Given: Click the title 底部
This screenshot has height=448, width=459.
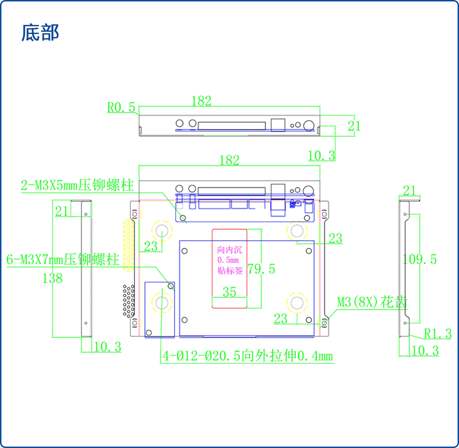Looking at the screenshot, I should click(40, 33).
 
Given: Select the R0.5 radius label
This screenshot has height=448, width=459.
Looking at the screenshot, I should click(121, 107).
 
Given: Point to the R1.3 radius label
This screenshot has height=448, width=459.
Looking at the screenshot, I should click(438, 333).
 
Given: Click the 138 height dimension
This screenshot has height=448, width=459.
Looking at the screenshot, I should click(53, 278).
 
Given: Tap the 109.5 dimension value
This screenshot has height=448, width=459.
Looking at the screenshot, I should click(420, 259).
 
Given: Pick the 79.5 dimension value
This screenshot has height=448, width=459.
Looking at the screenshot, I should click(261, 270).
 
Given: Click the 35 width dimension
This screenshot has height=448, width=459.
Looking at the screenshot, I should click(229, 291).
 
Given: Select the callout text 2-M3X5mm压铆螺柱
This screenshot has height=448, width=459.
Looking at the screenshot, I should click(78, 186).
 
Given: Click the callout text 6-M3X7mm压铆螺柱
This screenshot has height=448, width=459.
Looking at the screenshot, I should click(63, 259).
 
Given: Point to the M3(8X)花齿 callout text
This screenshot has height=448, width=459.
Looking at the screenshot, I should click(373, 302).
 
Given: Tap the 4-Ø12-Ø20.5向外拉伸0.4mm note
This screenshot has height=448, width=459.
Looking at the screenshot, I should click(247, 356).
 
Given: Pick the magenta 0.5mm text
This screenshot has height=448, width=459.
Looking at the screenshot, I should click(229, 260).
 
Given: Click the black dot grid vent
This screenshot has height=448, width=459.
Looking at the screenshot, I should click(128, 300).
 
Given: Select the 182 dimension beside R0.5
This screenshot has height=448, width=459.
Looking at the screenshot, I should click(202, 101).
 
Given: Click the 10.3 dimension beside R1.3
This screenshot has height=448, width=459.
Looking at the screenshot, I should click(426, 351).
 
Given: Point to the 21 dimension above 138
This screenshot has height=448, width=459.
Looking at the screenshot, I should click(63, 211).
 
